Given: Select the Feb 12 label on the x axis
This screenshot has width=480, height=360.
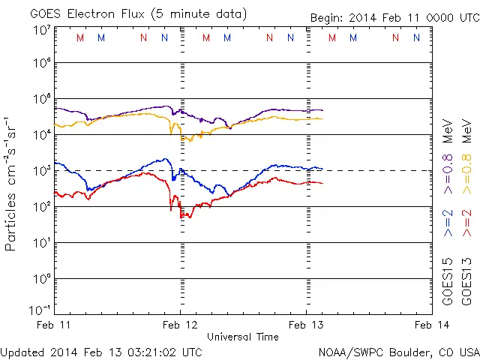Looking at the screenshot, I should click(180, 325).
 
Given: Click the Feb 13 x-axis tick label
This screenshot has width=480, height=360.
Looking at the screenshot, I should click(307, 325).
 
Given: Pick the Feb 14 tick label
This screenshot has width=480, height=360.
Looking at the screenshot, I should click(432, 325).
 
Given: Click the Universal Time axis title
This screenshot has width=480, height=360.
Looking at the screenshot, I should click(242, 337).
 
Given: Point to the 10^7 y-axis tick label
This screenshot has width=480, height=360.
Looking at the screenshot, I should click(40, 29).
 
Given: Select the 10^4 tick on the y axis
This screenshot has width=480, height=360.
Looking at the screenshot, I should click(40, 134).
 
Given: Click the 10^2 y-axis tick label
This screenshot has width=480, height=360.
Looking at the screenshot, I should click(40, 206).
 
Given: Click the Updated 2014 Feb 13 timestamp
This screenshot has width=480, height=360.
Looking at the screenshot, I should click(101, 351).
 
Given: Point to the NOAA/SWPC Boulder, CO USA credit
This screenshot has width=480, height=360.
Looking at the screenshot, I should click(397, 351).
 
